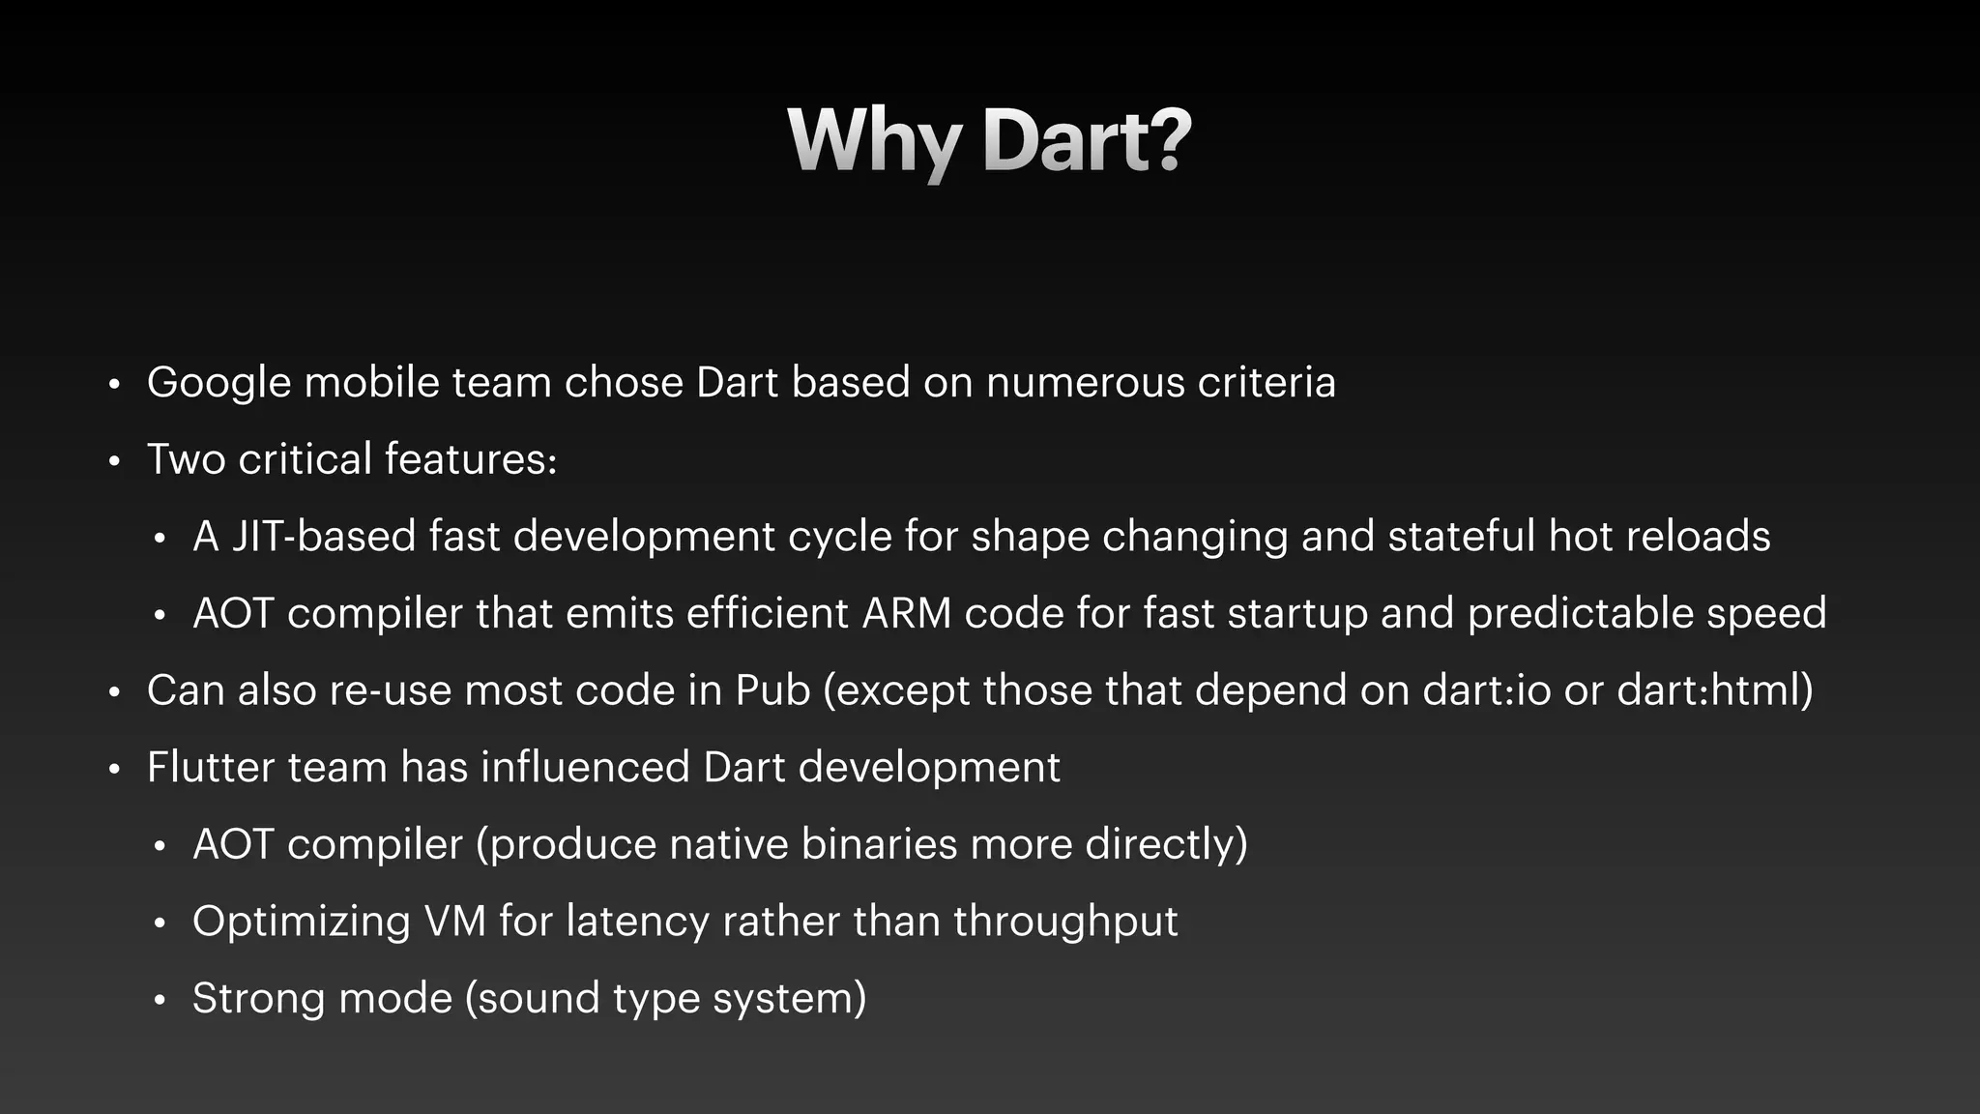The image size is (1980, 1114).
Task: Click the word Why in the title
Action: click(x=873, y=141)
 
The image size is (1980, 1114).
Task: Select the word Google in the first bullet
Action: click(x=218, y=383)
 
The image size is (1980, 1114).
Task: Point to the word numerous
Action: click(x=1085, y=383)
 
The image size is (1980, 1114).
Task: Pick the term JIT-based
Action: click(x=324, y=537)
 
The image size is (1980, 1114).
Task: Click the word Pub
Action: click(x=772, y=690)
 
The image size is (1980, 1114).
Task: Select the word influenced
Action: click(x=585, y=768)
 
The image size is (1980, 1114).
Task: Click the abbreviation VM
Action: click(x=454, y=922)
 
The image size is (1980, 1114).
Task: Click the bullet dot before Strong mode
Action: click(x=160, y=1000)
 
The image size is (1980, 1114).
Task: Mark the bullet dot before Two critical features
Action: click(x=114, y=461)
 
